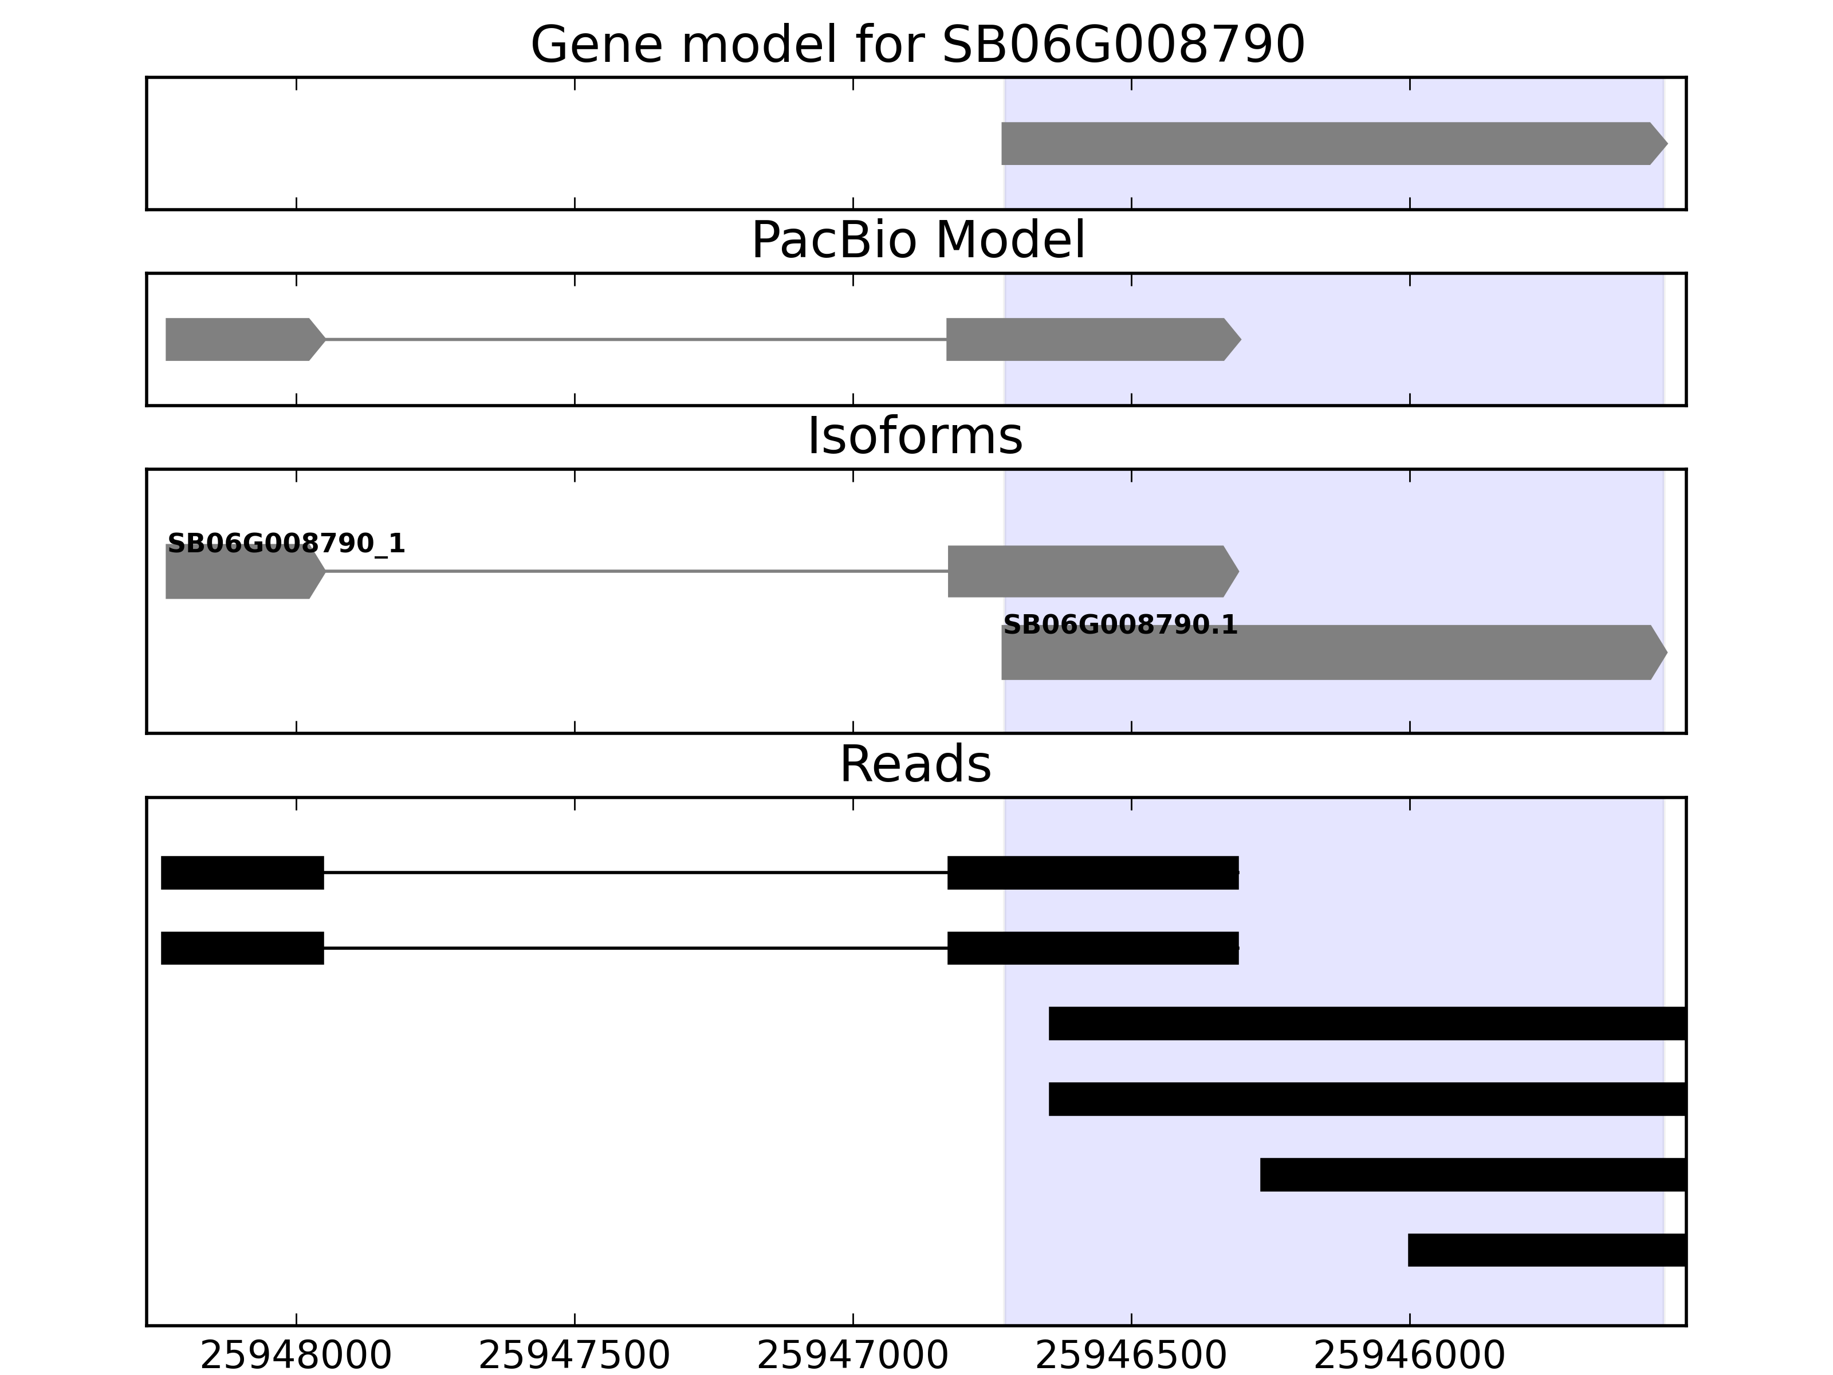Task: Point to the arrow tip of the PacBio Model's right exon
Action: coord(1241,339)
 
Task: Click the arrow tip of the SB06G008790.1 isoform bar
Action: coord(1666,653)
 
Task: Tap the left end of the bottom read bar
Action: coord(1409,1250)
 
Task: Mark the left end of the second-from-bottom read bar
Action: coord(1261,1174)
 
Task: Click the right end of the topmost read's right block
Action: coord(1238,873)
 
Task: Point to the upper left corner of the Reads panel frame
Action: coord(147,798)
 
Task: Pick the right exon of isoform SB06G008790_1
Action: coord(1093,571)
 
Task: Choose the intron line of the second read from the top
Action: coord(636,948)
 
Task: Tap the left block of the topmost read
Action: coord(242,873)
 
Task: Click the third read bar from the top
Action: coord(1367,1024)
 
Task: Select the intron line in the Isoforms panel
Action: coord(636,571)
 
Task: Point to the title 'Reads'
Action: coord(916,764)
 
